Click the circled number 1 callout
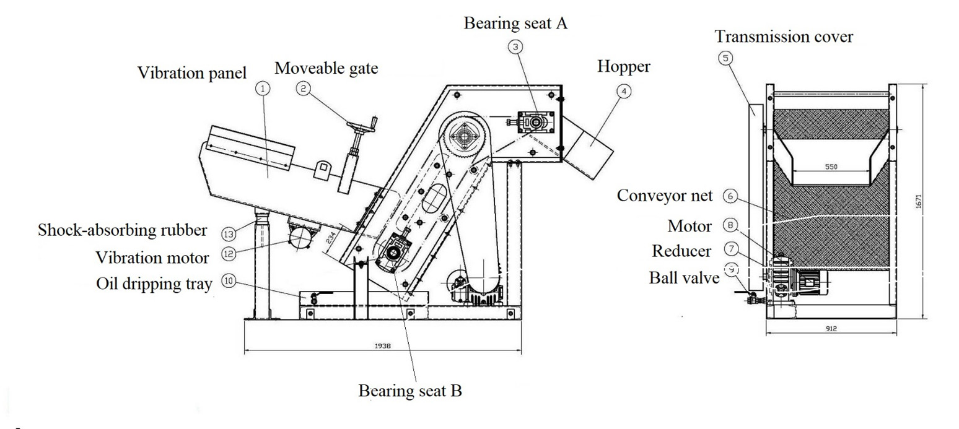[263, 89]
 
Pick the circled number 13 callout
[229, 233]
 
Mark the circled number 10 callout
[229, 280]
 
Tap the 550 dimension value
[832, 167]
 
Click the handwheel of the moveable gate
[361, 128]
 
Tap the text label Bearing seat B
[410, 391]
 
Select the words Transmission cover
[784, 37]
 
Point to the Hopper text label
[623, 67]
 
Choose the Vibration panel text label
[191, 72]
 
